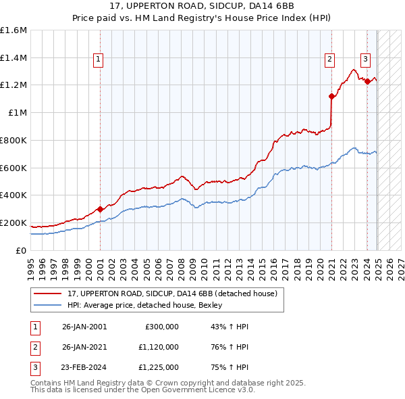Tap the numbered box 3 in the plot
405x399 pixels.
tap(365, 59)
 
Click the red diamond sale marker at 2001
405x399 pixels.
tap(100, 209)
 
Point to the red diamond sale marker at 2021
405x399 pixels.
tap(332, 96)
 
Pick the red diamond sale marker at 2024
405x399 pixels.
tap(367, 82)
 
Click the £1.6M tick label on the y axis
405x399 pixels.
tap(13, 30)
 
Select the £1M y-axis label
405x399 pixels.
tap(18, 113)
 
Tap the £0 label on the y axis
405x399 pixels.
tap(22, 250)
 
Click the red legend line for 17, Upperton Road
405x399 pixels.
tap(47, 293)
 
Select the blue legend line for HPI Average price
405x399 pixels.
tap(47, 305)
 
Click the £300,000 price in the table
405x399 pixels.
tap(162, 327)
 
